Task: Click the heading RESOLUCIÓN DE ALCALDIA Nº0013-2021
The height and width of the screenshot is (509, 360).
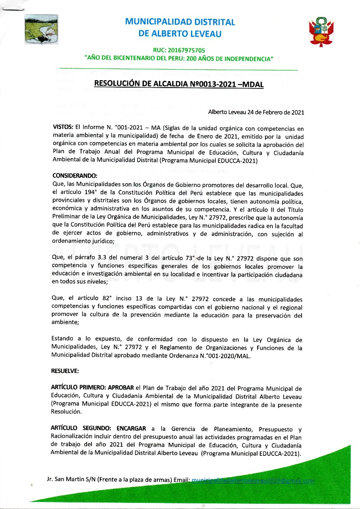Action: click(x=180, y=84)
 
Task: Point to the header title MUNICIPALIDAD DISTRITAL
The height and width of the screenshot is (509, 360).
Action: click(x=180, y=22)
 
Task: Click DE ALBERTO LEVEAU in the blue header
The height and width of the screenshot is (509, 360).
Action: click(x=180, y=34)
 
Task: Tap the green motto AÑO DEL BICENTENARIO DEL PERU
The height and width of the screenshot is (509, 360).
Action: click(x=179, y=58)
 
